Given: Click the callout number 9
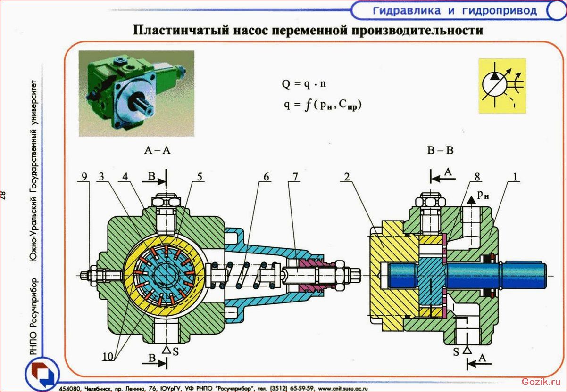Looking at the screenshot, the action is coord(84,177).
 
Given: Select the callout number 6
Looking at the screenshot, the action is coord(266,177).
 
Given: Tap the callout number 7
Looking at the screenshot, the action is coord(295,177).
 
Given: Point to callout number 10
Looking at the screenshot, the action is coord(108,357).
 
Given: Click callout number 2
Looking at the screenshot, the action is coord(347,177).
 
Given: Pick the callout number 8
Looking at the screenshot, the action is coord(477,177).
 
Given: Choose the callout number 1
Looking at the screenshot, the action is coord(515,177).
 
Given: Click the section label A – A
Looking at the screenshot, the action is coord(157,150).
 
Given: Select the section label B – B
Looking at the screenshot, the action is coord(440,150).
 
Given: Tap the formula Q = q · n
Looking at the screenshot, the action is coord(304,83).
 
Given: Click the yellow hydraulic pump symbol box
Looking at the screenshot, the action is coord(502,86).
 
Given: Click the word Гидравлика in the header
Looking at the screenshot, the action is coord(407,11).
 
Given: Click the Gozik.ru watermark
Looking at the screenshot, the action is coord(541,381).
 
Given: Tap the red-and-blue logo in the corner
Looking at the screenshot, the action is coord(42,374).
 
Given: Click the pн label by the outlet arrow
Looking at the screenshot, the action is coord(483,195).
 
